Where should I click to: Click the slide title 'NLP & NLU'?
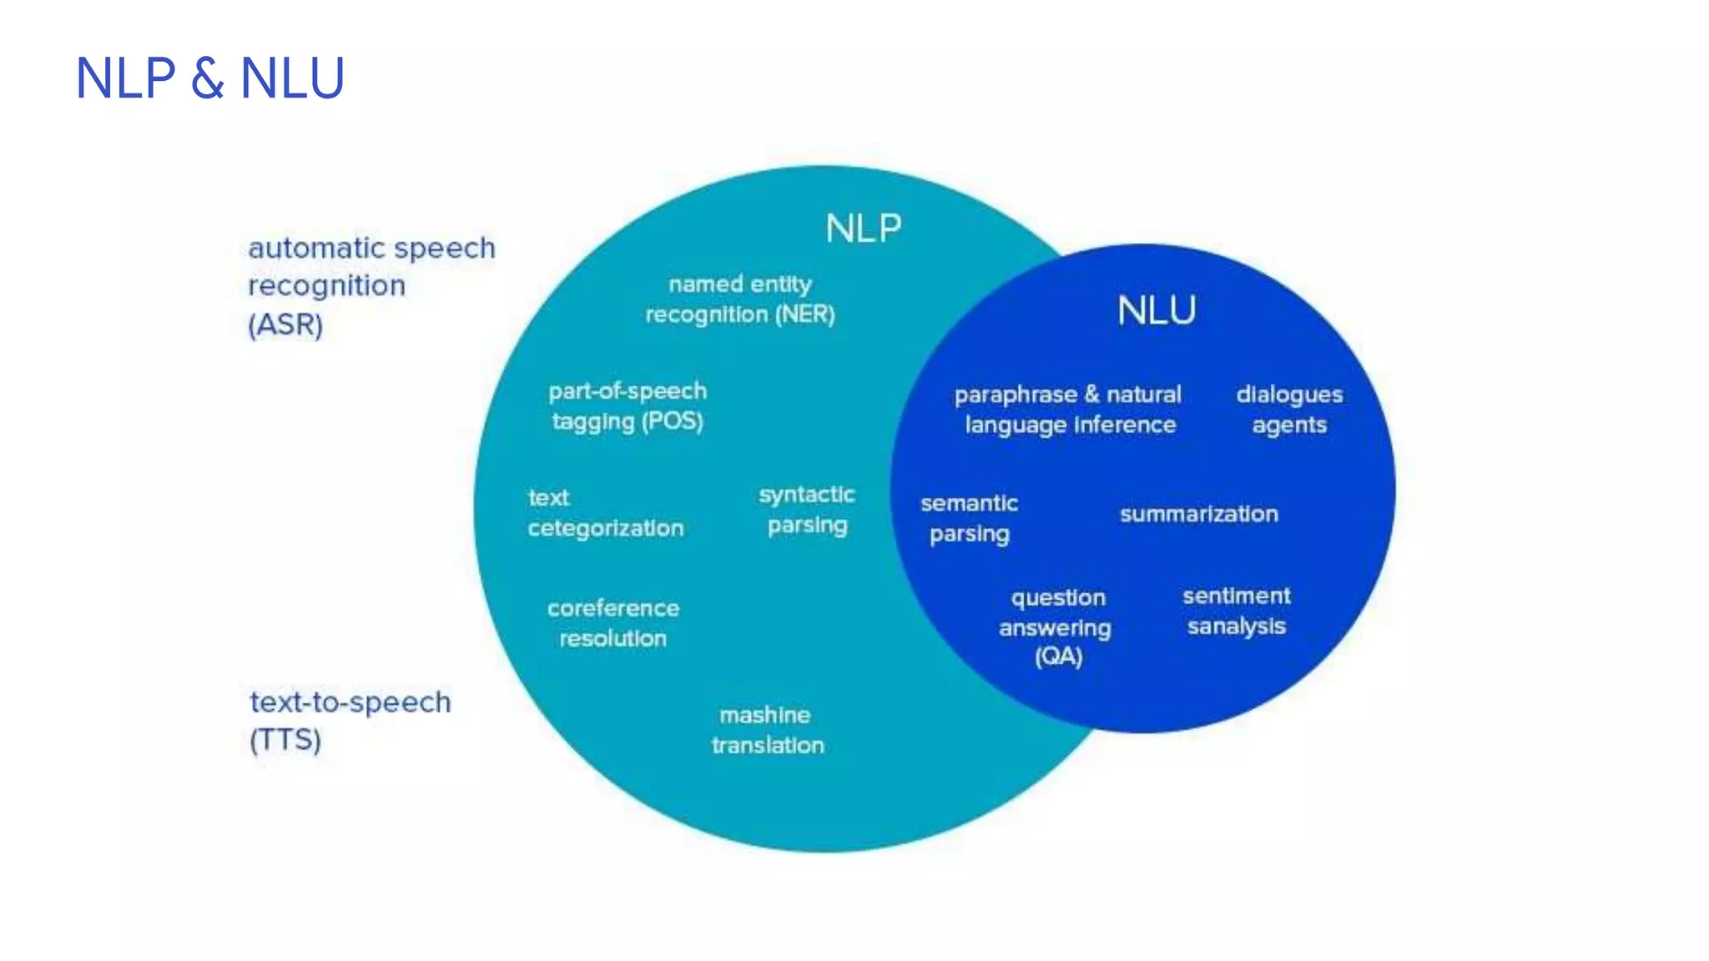209,78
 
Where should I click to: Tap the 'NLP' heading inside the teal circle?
864,229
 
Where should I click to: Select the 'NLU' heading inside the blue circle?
1157,311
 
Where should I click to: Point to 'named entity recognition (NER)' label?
740,299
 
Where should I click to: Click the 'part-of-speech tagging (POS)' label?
628,406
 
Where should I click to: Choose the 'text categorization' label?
605,513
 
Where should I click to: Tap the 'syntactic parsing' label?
807,510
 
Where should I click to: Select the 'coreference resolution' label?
613,623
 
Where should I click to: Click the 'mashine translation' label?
767,730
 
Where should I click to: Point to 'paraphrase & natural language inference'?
1069,410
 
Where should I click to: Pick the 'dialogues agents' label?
1289,410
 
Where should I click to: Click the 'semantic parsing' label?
970,518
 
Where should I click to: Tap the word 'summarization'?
1198,514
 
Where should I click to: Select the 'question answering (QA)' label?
1056,626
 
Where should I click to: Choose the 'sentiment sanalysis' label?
1236,611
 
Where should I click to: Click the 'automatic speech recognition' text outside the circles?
371,266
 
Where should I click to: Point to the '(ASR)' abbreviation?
285,325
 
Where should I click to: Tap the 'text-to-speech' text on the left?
350,702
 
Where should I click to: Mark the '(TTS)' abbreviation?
285,740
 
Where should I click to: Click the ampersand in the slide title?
208,79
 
